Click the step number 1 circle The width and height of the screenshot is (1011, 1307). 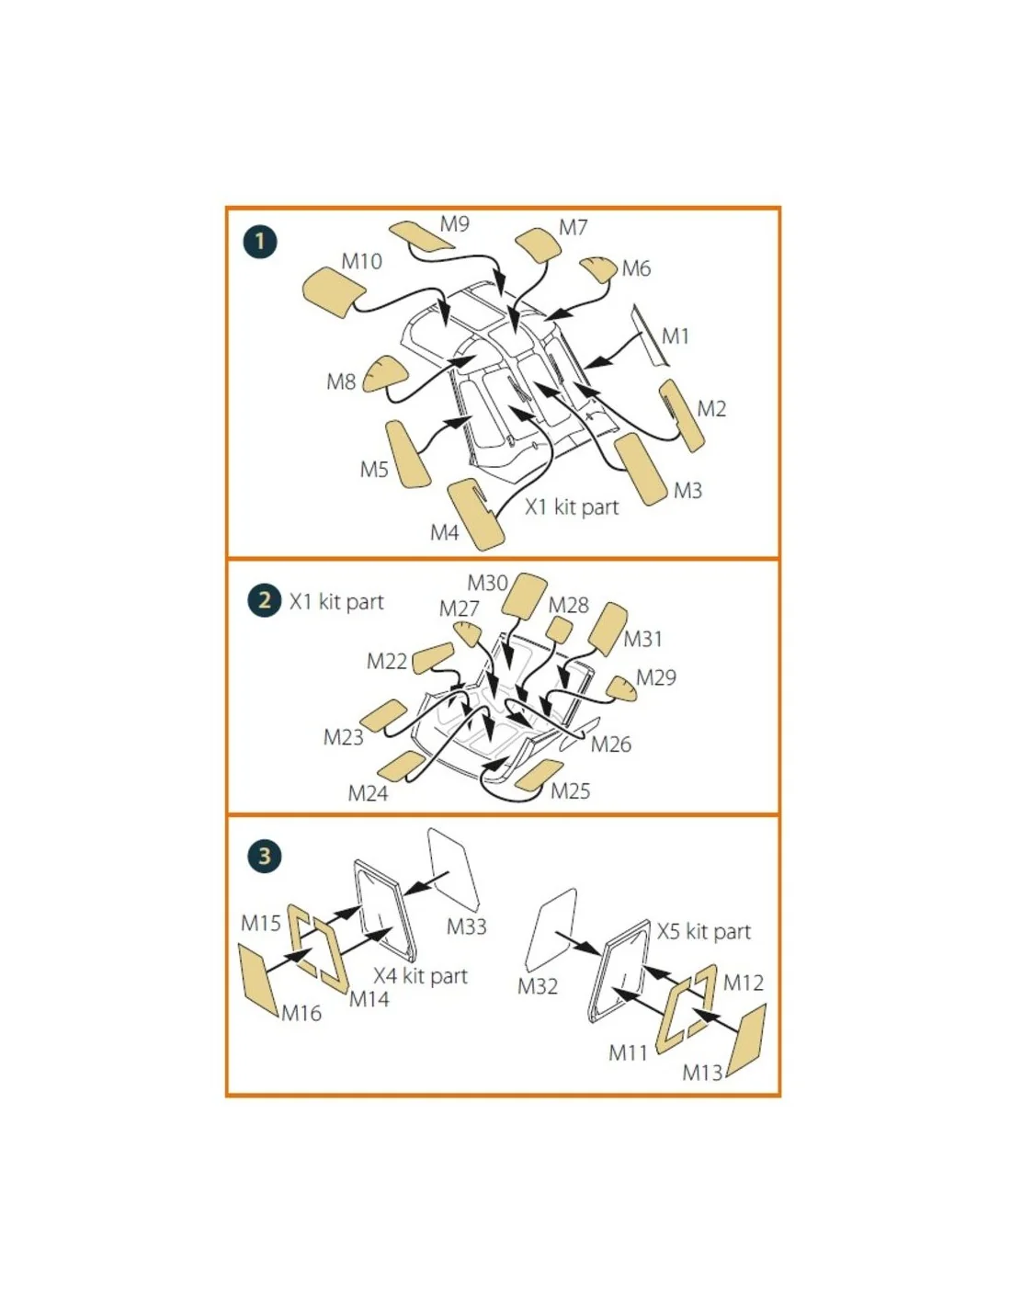coord(260,242)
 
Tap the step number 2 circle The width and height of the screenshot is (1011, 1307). coord(264,600)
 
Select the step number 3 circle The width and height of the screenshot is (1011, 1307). coord(264,856)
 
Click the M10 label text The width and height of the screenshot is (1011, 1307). coord(361,262)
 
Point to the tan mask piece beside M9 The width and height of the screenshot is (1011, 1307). coord(420,235)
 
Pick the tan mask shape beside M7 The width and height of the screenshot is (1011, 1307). coord(538,244)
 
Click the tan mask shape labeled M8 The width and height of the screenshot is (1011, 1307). coord(385,374)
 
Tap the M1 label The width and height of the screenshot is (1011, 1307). coord(675,336)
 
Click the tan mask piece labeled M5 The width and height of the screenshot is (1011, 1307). coord(408,454)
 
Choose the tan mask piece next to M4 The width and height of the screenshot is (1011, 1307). coord(476,515)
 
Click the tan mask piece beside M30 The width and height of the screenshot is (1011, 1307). coord(525,597)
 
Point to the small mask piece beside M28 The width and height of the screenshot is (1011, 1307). coord(560,630)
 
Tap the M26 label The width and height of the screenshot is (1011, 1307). coord(611,744)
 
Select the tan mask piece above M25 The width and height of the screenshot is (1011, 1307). coord(540,775)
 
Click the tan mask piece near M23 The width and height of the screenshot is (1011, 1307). coord(383,716)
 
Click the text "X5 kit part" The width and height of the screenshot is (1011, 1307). coord(704,932)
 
